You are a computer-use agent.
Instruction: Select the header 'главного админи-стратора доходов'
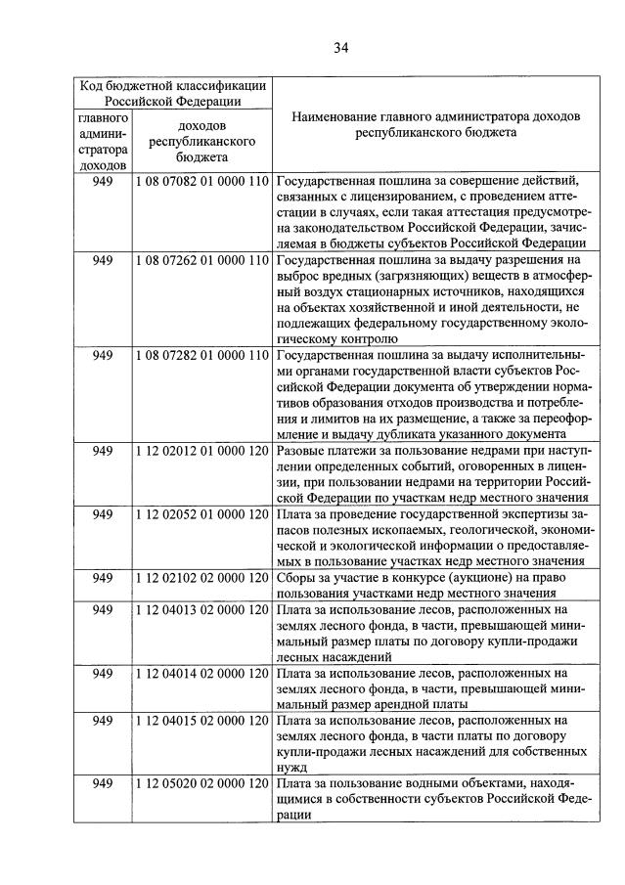(103, 141)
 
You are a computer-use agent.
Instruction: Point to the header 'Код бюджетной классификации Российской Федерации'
(170, 92)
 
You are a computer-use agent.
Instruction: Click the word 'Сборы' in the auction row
(297, 578)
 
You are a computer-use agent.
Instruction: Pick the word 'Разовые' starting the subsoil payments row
(303, 450)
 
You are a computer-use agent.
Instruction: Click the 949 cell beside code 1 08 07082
(103, 182)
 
